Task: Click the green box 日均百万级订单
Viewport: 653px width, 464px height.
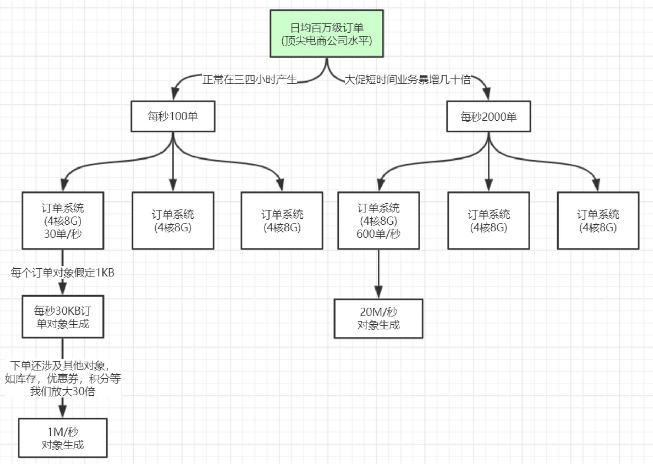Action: point(326,34)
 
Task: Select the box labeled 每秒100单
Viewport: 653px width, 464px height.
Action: point(173,117)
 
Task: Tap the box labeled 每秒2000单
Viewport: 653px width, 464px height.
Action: point(488,117)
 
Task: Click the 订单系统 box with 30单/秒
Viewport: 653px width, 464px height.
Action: point(63,221)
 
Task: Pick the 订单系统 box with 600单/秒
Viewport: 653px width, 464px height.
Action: point(378,221)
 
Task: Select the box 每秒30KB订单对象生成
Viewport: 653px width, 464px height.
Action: point(63,317)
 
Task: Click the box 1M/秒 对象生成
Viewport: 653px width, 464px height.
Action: point(63,438)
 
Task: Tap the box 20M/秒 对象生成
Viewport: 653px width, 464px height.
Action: point(378,318)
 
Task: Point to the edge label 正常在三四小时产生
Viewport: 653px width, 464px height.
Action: point(250,80)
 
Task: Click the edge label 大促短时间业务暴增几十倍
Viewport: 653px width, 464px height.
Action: point(407,80)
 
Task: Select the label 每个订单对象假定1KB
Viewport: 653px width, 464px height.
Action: point(63,273)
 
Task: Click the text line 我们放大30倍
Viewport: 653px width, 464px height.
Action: point(63,392)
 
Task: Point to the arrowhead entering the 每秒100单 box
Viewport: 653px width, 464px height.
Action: point(175,94)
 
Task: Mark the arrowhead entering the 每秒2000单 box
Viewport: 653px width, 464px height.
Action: point(487,94)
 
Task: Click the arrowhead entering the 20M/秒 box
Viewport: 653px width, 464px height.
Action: point(378,292)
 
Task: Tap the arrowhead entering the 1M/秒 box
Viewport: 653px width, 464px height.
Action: point(63,411)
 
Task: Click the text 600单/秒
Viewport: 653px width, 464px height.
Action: point(378,234)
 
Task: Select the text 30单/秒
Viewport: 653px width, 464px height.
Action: point(63,234)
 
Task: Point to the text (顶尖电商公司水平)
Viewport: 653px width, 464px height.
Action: point(326,41)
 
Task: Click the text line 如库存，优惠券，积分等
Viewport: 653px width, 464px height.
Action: point(63,378)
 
